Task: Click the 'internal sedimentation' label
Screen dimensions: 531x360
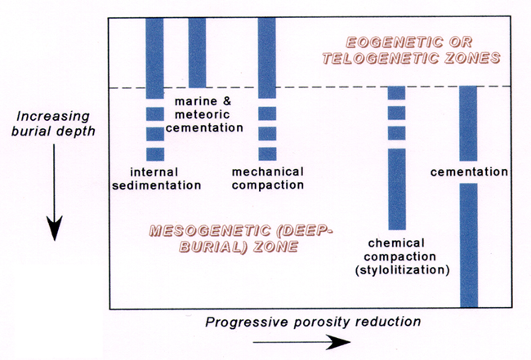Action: tap(157, 179)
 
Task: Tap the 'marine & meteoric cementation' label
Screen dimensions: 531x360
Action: tap(204, 114)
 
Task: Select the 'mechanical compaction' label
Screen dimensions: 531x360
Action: tap(267, 178)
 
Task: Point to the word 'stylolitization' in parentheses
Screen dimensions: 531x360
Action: tap(402, 270)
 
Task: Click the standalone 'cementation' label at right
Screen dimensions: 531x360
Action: tap(469, 172)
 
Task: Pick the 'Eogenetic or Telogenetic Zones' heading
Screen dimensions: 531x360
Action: tap(411, 51)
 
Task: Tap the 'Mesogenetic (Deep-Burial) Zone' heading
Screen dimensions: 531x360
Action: tap(241, 238)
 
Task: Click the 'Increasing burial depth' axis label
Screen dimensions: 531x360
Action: tap(53, 123)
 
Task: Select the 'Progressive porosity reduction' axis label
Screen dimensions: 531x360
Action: tap(313, 322)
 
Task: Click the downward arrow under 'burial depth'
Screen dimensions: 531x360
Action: tap(54, 192)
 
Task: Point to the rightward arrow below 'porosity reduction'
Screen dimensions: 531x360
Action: tap(301, 342)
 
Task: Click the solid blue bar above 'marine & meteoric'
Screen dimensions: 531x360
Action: tap(197, 53)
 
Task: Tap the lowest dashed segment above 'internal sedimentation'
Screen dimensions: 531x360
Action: tap(155, 154)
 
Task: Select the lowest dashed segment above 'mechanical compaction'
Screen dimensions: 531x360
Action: tap(267, 154)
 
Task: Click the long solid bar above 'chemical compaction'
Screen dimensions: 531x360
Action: tap(397, 189)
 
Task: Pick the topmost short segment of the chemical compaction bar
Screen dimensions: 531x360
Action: tap(396, 93)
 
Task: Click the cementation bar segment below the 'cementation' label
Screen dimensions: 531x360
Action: tap(469, 245)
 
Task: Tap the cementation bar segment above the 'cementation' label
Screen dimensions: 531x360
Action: tap(468, 123)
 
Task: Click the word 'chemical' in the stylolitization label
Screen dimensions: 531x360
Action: tap(396, 243)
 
